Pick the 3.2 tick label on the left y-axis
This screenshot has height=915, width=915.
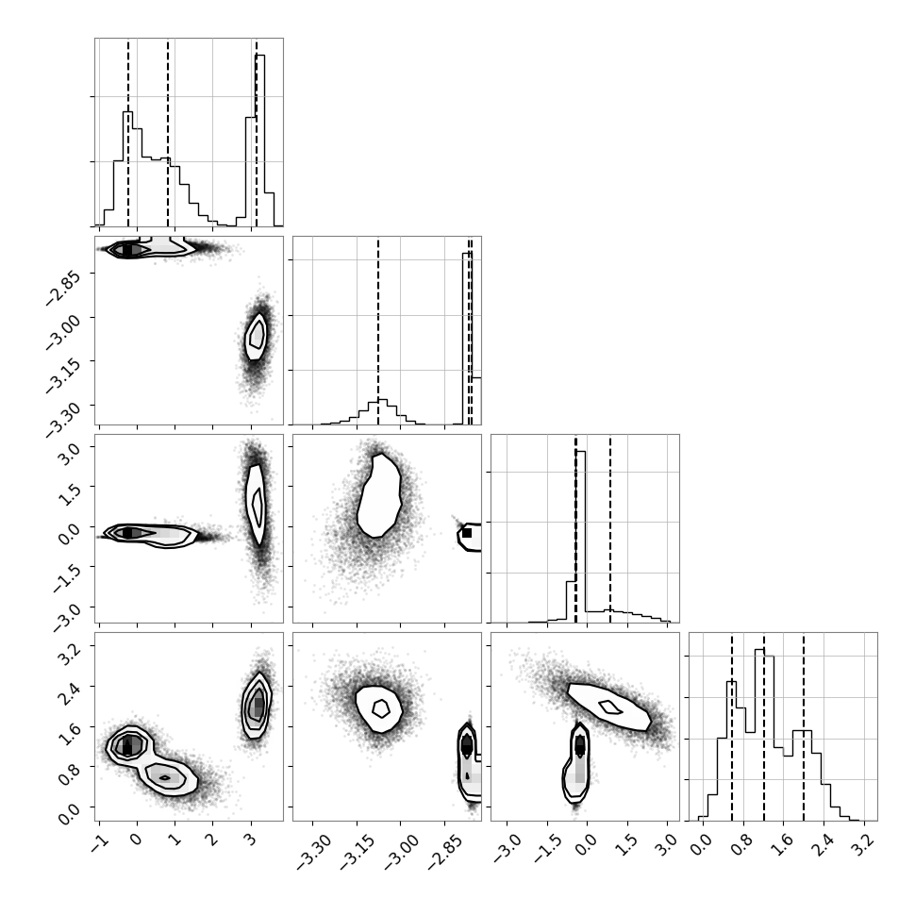(69, 655)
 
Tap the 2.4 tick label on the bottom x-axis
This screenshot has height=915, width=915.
(823, 844)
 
